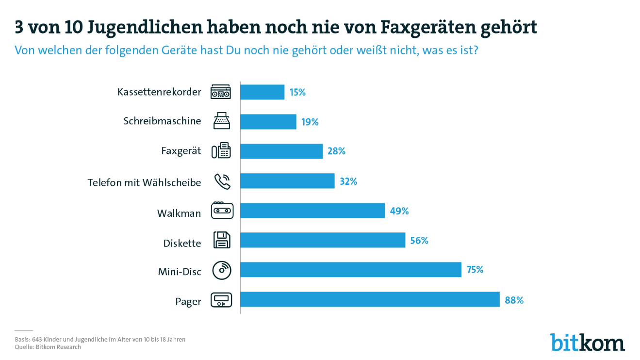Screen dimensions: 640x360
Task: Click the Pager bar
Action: tap(370, 299)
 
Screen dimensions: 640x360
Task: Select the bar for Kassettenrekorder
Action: tap(263, 92)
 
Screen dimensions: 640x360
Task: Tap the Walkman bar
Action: tap(312, 211)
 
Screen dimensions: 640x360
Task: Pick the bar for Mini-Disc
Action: tap(351, 269)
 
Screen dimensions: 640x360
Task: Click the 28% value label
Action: tap(336, 151)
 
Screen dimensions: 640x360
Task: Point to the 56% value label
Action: tap(419, 241)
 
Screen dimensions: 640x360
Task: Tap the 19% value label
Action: tap(310, 122)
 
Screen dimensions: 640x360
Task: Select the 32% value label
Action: tap(348, 181)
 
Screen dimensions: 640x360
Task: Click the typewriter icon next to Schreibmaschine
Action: tap(222, 121)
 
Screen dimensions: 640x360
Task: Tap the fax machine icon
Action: tap(221, 150)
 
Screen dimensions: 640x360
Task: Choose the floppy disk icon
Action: tap(222, 240)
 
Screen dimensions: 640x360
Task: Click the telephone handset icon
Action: tap(223, 181)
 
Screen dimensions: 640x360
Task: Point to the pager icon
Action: tap(221, 300)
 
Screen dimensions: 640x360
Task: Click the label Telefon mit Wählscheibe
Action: tap(144, 182)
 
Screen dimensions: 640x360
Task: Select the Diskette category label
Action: tap(182, 244)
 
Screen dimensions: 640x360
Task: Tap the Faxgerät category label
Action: tap(181, 151)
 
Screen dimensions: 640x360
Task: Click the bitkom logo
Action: tap(588, 342)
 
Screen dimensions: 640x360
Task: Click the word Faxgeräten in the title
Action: tap(428, 28)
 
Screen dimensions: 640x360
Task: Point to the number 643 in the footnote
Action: tap(37, 340)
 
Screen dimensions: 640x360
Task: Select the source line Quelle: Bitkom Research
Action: tap(48, 347)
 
